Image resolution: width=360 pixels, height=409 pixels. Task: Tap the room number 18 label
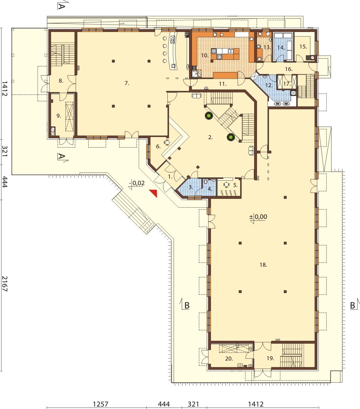[263, 265]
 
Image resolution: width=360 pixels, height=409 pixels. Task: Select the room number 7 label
[127, 83]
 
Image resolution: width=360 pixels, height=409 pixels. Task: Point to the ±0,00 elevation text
[258, 216]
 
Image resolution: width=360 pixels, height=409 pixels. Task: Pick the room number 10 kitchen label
[205, 55]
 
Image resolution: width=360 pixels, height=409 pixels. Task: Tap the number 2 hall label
[211, 137]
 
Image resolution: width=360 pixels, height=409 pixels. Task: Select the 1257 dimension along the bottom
[101, 404]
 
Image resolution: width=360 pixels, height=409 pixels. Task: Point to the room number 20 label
[229, 359]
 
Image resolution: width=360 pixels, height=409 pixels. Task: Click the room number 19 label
[270, 358]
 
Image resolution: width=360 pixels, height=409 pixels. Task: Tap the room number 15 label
[303, 47]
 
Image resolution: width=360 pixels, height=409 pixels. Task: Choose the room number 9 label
[59, 116]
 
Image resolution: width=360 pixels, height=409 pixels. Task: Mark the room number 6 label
[158, 147]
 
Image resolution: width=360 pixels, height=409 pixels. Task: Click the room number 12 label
[269, 85]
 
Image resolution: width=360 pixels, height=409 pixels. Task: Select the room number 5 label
[235, 186]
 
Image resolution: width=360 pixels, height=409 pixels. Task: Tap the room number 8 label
[61, 81]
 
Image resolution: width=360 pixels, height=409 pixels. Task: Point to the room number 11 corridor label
[223, 84]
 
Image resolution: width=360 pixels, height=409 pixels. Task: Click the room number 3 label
[191, 187]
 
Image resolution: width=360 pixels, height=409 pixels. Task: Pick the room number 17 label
[287, 84]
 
